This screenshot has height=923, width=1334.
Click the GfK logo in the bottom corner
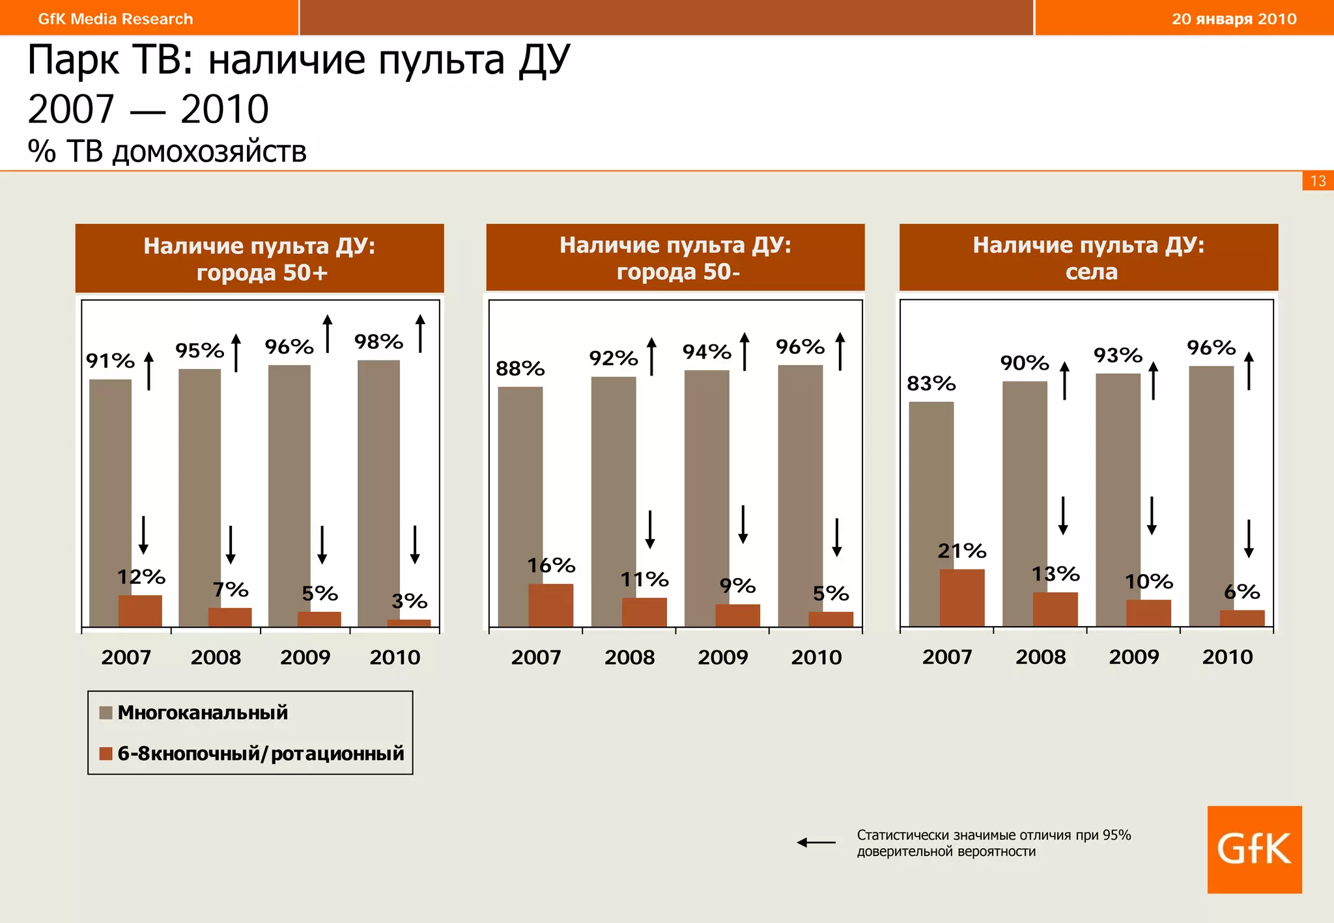click(x=1254, y=849)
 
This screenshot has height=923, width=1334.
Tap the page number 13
click(x=1318, y=181)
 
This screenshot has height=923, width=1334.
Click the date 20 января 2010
click(x=1234, y=19)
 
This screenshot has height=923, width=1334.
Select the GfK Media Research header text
click(x=115, y=19)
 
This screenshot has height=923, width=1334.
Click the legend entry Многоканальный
click(x=202, y=713)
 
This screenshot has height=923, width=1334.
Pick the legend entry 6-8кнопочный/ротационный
click(x=260, y=754)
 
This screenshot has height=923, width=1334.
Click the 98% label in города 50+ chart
click(x=378, y=342)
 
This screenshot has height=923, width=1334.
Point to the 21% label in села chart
click(x=961, y=551)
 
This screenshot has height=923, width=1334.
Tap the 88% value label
click(x=520, y=369)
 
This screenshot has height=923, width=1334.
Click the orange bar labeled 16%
click(x=550, y=605)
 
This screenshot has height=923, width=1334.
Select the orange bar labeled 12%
click(x=140, y=611)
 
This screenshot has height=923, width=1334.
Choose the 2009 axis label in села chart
click(x=1133, y=657)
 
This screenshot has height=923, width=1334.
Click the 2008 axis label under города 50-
click(x=629, y=657)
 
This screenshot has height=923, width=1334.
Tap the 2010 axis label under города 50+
click(x=395, y=657)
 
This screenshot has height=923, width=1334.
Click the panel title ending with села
click(x=1088, y=258)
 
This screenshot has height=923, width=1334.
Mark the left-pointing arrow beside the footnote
click(x=816, y=842)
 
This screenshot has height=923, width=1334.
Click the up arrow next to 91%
click(x=149, y=371)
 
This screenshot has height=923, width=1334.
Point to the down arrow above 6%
click(x=1248, y=539)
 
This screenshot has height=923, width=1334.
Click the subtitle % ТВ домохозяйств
click(x=167, y=151)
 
